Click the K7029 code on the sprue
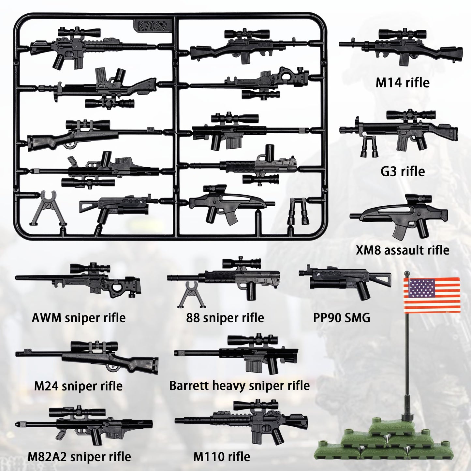[x=153, y=26]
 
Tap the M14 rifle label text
[x=403, y=82]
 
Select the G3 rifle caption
[x=403, y=171]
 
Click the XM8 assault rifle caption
[x=403, y=250]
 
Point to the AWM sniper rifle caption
[x=79, y=317]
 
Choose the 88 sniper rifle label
[x=225, y=317]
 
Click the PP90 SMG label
[x=342, y=317]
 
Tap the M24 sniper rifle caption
[x=78, y=386]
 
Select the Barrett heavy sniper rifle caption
[x=239, y=386]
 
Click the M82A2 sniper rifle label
[x=79, y=456]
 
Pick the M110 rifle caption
[x=222, y=456]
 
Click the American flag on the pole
[x=432, y=294]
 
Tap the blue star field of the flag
[x=422, y=288]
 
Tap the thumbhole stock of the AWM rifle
[x=119, y=289]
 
